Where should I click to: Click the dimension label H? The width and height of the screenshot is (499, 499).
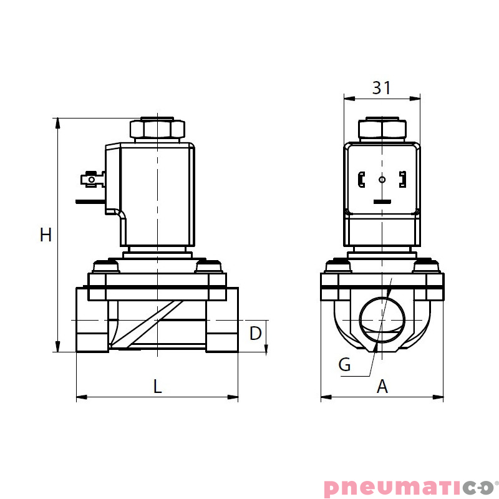tap(46, 235)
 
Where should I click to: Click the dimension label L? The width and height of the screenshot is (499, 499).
tap(157, 386)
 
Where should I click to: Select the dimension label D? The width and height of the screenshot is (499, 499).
tap(256, 334)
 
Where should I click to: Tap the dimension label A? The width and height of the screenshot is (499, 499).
tap(382, 387)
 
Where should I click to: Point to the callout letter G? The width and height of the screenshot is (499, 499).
tap(344, 365)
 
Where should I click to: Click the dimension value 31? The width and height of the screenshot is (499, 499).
tap(382, 88)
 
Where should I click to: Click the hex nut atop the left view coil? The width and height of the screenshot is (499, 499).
tap(157, 129)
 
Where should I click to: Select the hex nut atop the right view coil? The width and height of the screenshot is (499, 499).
tap(382, 129)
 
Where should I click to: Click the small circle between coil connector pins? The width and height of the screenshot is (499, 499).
tap(382, 180)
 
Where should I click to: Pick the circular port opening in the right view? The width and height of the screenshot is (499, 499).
tap(382, 319)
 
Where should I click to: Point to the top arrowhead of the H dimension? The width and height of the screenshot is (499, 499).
tap(58, 122)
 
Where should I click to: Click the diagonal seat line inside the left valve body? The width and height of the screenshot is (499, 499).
tap(147, 324)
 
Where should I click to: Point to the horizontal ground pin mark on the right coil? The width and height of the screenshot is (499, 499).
tap(382, 201)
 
